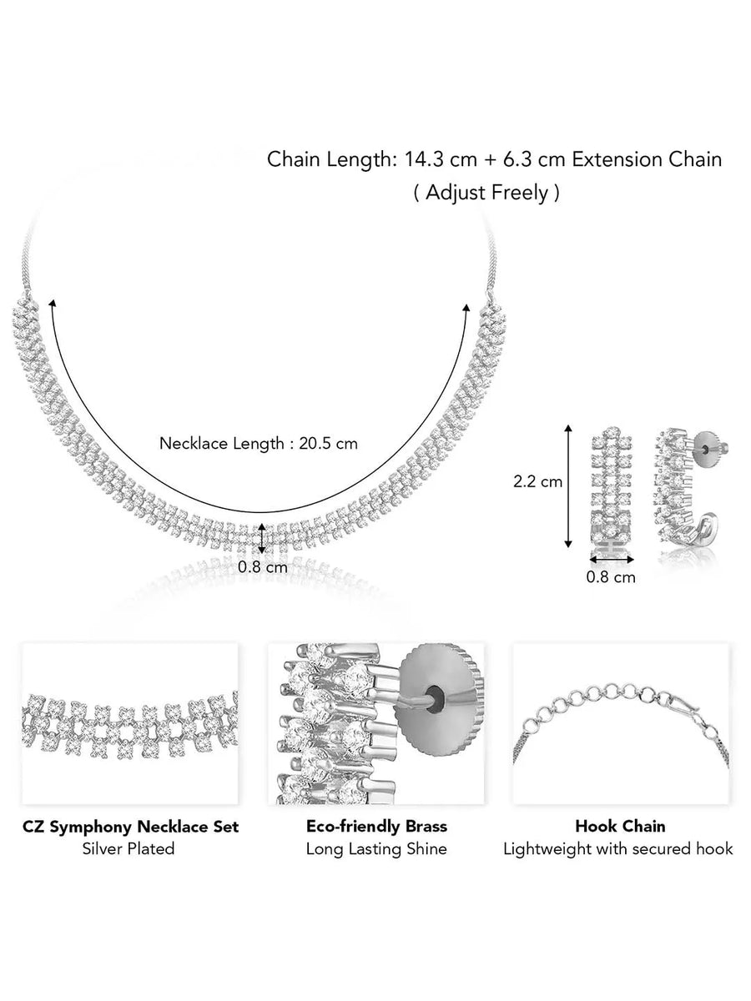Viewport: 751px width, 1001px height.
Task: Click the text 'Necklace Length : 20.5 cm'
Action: pos(258,444)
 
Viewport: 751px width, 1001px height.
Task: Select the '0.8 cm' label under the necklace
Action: pos(263,566)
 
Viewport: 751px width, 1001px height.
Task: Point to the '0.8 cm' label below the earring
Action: pos(610,576)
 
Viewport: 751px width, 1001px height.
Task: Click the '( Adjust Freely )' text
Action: pos(486,194)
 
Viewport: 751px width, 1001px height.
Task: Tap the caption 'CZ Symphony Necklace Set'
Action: pos(130,827)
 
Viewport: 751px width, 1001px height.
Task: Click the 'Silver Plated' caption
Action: pos(129,849)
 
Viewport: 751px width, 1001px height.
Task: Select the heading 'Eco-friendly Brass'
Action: pos(376,827)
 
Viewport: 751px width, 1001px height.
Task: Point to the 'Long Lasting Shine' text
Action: pos(376,849)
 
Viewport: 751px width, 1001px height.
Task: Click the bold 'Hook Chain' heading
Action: pos(620,827)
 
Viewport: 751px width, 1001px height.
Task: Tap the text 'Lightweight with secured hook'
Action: pos(618,849)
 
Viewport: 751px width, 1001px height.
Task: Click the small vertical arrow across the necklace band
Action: pos(263,538)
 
